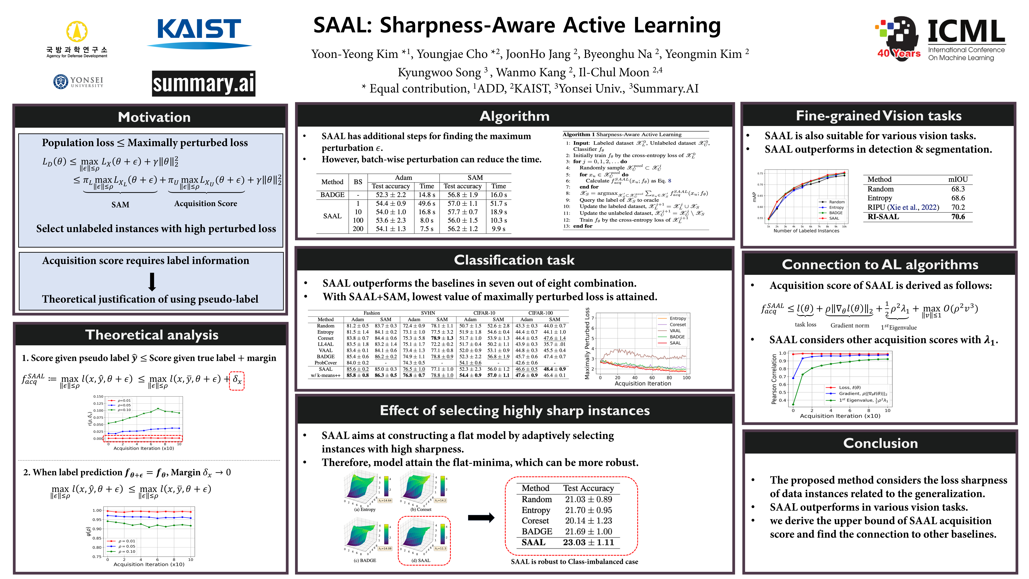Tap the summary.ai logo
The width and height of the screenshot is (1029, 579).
(x=203, y=83)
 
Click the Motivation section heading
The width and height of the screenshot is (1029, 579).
(x=154, y=117)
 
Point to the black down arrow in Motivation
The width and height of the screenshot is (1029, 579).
(x=152, y=282)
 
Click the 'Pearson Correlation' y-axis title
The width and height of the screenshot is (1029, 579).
(x=774, y=379)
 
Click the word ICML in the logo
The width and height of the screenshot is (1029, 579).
(x=966, y=32)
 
